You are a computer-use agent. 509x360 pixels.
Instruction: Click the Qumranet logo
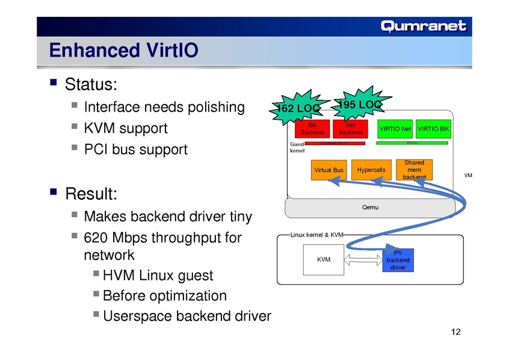pos(423,26)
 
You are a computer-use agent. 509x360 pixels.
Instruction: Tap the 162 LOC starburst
pos(297,108)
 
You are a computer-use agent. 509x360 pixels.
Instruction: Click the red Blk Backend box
pos(312,129)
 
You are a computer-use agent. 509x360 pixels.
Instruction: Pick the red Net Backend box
pos(350,129)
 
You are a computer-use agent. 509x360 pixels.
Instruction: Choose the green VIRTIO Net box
pos(395,129)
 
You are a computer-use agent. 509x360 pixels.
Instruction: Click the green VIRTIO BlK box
pos(433,129)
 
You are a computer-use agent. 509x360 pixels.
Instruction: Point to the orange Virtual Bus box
pos(329,170)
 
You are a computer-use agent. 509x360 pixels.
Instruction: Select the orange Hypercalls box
pos(371,170)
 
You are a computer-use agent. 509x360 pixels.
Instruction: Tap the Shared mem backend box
pos(414,170)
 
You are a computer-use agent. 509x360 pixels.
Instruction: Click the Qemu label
pos(370,207)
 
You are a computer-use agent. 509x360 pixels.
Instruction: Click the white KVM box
pos(324,259)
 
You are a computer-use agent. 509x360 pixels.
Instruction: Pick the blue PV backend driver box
pos(398,260)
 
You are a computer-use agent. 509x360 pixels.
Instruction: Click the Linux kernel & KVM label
pos(316,234)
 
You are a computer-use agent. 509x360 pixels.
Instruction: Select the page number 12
pos(455,333)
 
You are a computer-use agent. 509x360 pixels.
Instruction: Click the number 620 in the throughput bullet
pos(98,238)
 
